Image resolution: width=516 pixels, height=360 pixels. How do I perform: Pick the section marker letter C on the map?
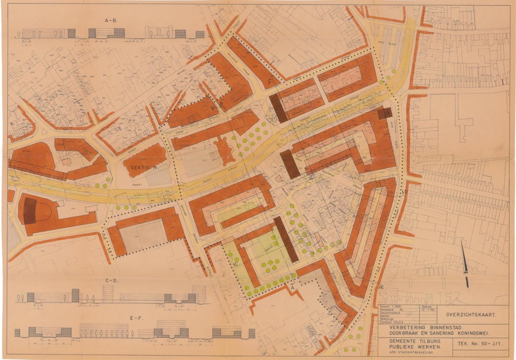click(235, 264)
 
